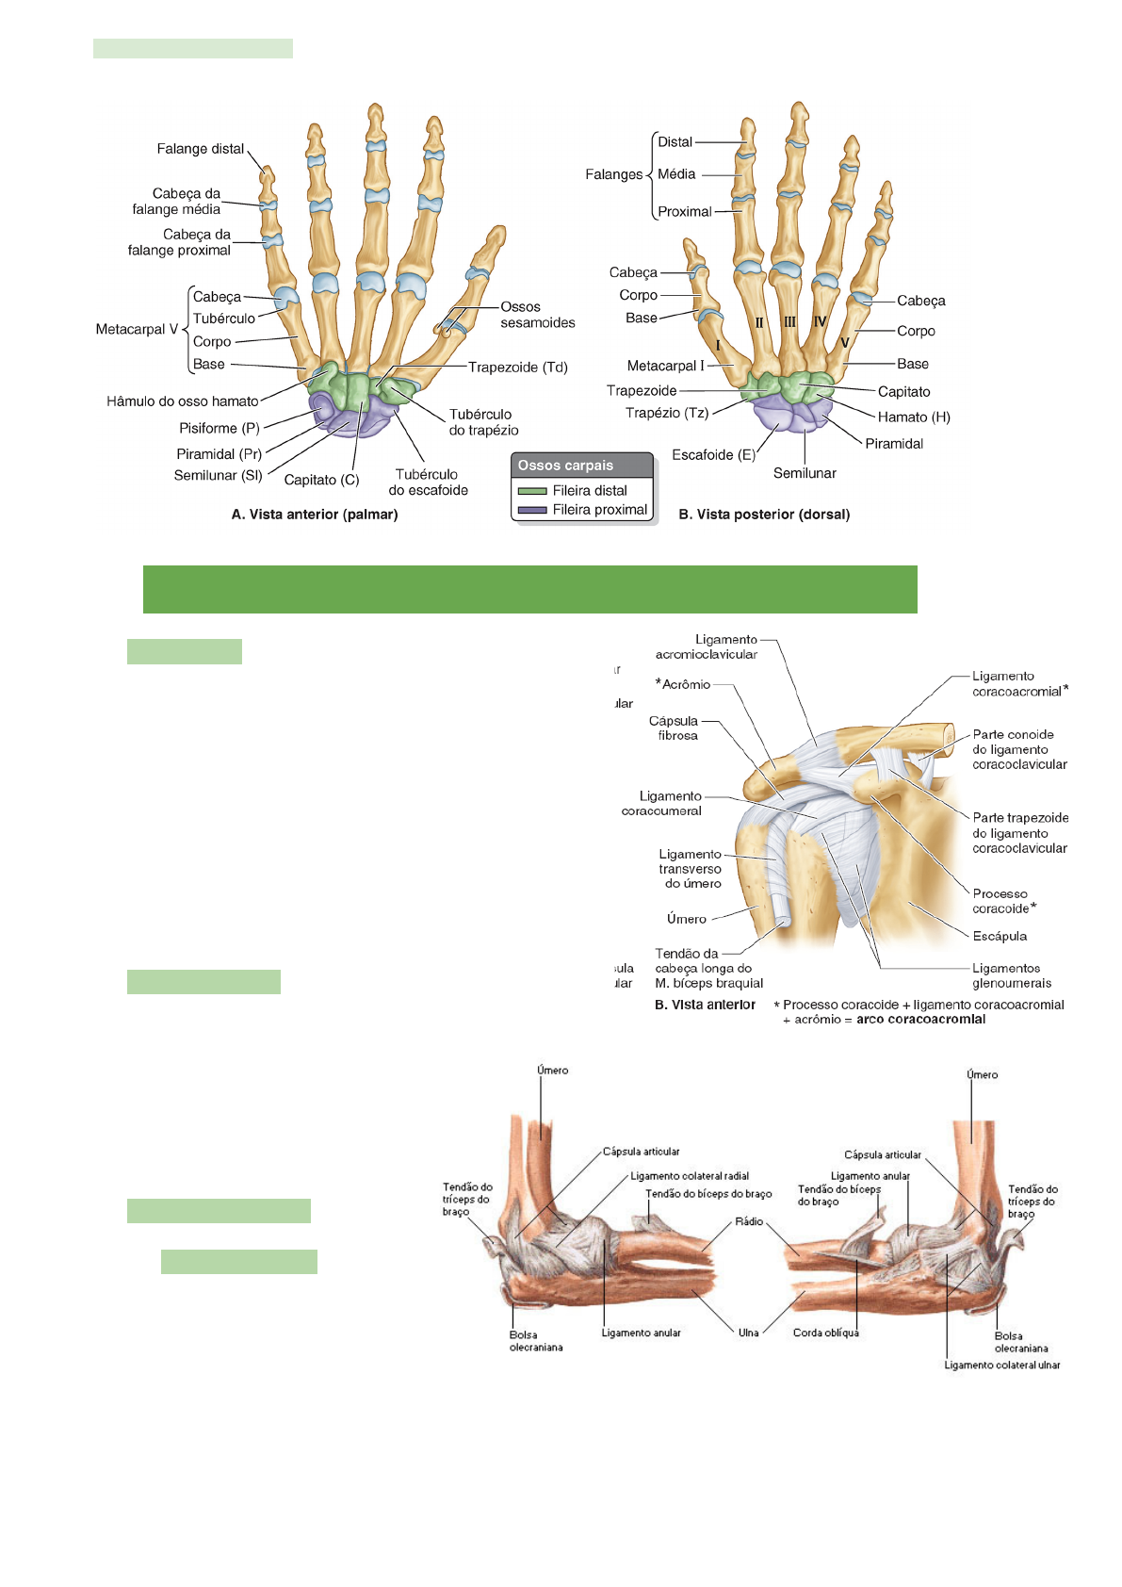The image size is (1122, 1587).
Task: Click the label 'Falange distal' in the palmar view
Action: pyautogui.click(x=200, y=149)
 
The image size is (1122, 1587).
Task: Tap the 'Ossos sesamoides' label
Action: pyautogui.click(x=537, y=315)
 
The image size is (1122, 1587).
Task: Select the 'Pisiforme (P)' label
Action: pyautogui.click(x=219, y=428)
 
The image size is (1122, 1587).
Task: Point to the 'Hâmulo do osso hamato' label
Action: pyautogui.click(x=182, y=401)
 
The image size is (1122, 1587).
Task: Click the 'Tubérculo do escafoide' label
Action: pyautogui.click(x=428, y=483)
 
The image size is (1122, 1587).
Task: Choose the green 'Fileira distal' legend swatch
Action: pyautogui.click(x=532, y=491)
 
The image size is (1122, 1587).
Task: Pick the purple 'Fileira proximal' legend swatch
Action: pyautogui.click(x=532, y=510)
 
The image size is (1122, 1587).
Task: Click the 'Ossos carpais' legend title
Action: pyautogui.click(x=565, y=466)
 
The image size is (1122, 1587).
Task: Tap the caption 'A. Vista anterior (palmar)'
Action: pyautogui.click(x=315, y=515)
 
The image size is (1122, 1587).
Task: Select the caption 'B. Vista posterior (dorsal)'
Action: pyautogui.click(x=764, y=515)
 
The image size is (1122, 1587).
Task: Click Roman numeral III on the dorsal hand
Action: pyautogui.click(x=789, y=322)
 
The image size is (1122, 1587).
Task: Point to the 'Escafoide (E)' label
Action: pyautogui.click(x=713, y=455)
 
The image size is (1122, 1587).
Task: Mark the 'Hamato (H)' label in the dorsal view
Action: pyautogui.click(x=914, y=417)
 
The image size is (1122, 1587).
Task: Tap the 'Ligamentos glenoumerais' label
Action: pyautogui.click(x=1011, y=975)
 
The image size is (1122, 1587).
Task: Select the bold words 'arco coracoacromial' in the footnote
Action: pyautogui.click(x=920, y=1019)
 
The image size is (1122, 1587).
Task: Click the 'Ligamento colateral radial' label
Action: pyautogui.click(x=690, y=1176)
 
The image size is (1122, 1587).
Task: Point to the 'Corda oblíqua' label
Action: pyautogui.click(x=825, y=1333)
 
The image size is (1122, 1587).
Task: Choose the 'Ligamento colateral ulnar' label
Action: pyautogui.click(x=1001, y=1366)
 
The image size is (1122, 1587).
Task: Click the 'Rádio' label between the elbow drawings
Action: pyautogui.click(x=749, y=1221)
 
